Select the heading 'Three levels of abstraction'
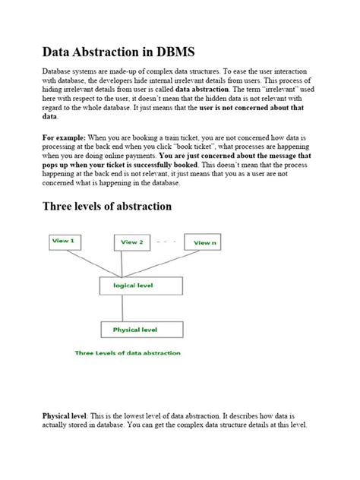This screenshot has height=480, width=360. point(107,206)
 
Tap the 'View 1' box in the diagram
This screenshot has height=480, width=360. point(64,242)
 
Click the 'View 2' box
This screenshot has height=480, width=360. point(131,242)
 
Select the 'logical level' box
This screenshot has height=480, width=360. point(141,286)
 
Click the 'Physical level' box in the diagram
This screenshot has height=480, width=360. point(141,330)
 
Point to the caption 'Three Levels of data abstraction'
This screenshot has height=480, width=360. point(127,352)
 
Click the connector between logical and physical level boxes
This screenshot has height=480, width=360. point(142,308)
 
